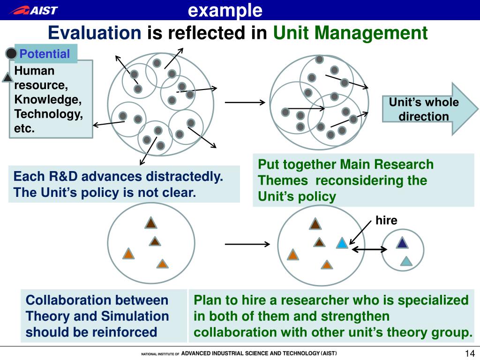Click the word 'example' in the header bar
[225, 10]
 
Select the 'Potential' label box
[45, 54]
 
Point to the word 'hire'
[386, 220]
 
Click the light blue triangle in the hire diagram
[342, 243]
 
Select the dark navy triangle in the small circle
[402, 243]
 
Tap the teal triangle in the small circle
[406, 261]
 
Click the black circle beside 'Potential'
[11, 54]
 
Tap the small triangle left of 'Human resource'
[7, 77]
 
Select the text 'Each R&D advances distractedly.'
[118, 177]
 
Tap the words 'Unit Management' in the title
[350, 33]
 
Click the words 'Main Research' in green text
[387, 165]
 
